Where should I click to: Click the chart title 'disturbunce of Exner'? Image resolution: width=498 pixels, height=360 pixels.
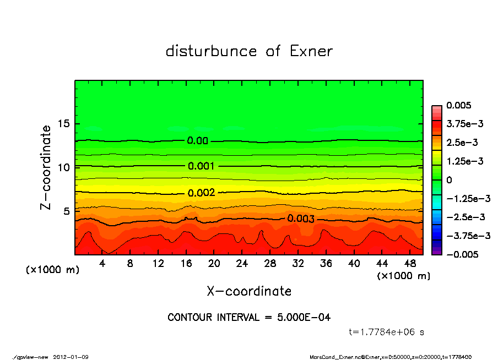[x=249, y=51]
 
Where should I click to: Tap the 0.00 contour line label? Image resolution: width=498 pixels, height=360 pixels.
[x=197, y=141]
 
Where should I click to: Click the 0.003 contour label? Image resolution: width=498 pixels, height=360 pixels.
[x=300, y=219]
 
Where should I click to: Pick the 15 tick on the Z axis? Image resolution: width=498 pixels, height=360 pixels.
[x=63, y=124]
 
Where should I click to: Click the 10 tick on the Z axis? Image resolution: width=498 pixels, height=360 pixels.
[x=63, y=167]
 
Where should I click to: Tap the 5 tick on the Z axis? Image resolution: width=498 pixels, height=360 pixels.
[x=67, y=211]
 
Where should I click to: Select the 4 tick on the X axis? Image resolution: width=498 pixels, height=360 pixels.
[x=102, y=264]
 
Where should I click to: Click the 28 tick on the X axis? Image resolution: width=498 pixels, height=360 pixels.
[x=270, y=264]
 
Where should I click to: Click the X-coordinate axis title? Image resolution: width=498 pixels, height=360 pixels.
[x=249, y=291]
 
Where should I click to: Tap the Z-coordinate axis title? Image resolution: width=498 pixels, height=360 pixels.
[x=46, y=167]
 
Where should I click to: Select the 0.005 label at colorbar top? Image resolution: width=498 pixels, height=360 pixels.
[x=460, y=105]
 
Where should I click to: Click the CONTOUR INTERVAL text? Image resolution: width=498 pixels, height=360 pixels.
[x=249, y=318]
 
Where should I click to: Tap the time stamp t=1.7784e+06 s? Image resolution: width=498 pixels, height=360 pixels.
[x=386, y=332]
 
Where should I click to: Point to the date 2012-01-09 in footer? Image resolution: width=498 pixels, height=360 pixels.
[x=71, y=357]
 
